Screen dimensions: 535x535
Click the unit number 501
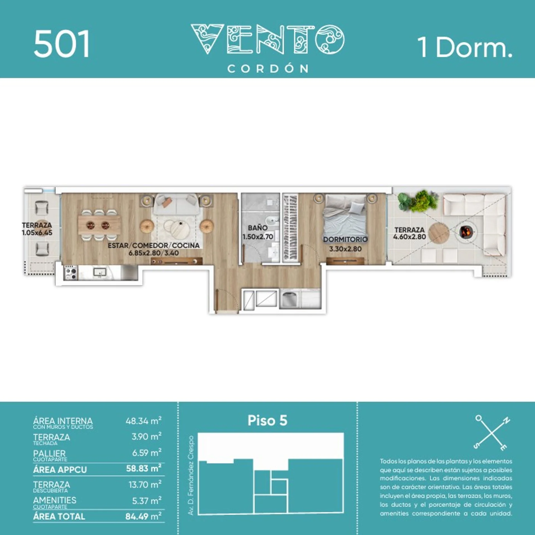[62, 44]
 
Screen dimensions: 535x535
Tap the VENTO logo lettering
[267, 39]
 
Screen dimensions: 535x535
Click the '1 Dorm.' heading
[465, 47]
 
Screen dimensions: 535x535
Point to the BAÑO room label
[258, 228]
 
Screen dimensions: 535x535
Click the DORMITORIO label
[345, 239]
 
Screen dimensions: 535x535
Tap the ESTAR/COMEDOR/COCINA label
[154, 245]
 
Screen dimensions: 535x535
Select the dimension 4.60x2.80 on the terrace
[409, 237]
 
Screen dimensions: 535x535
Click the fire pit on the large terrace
[466, 232]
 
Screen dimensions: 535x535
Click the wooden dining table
[99, 225]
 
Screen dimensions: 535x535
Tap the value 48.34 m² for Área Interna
[144, 420]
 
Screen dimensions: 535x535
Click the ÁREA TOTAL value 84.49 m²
[144, 516]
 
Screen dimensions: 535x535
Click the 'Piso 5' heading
[267, 420]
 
